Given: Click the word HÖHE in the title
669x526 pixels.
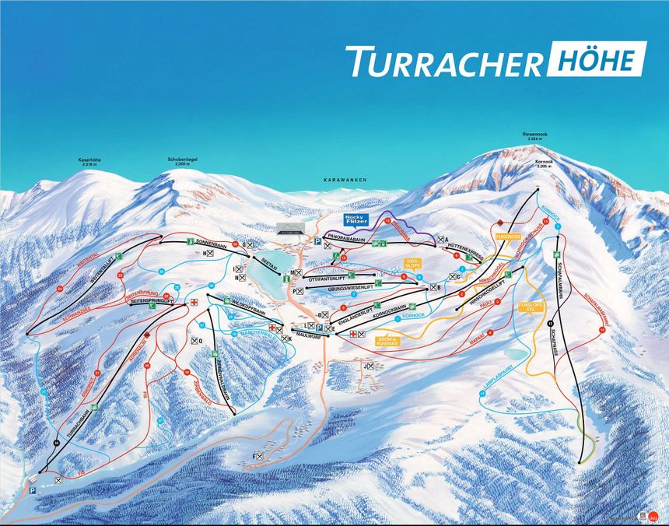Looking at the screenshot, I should [597, 59].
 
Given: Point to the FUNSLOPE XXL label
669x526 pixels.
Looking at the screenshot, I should [531, 306].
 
